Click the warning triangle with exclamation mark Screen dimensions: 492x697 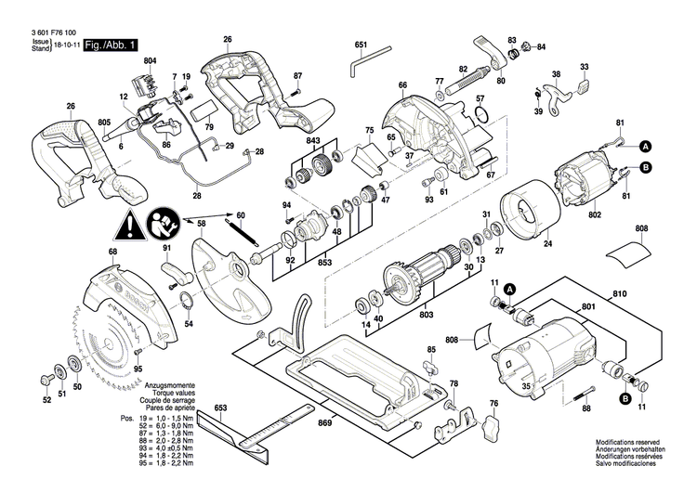132,224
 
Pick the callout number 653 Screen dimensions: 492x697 221,408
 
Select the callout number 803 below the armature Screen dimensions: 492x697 427,315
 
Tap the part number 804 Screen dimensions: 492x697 151,62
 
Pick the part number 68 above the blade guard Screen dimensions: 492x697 112,252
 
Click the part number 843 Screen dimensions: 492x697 313,141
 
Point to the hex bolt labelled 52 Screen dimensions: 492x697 46,382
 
